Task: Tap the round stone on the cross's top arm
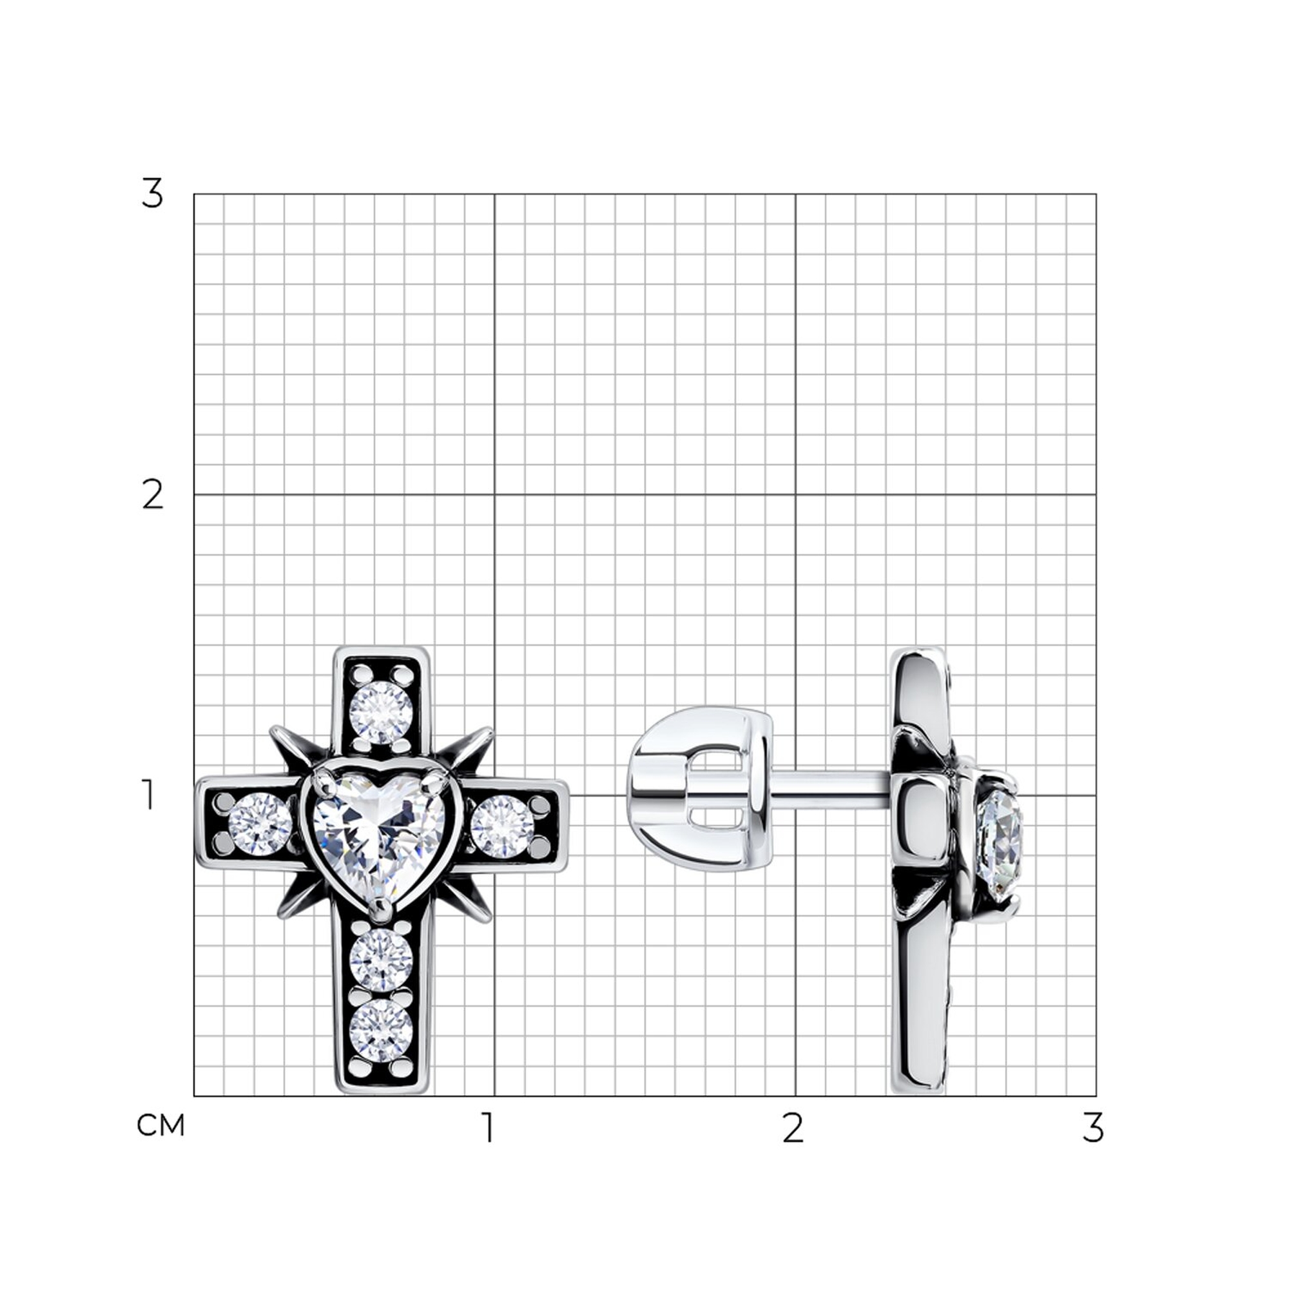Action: [x=381, y=713]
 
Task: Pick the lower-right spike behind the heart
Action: [x=467, y=898]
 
